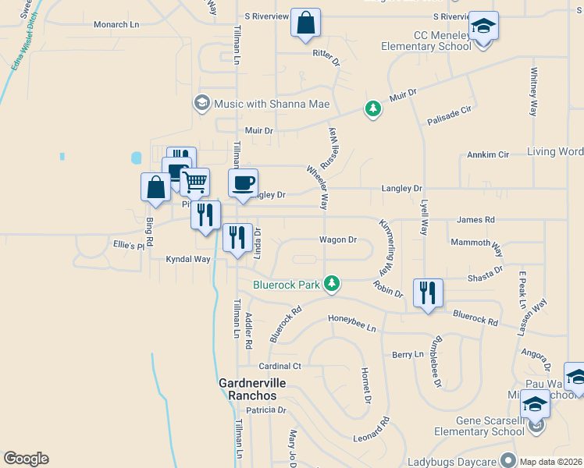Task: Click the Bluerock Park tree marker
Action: click(x=333, y=282)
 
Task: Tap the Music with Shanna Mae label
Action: click(x=272, y=105)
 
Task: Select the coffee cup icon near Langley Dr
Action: click(x=243, y=183)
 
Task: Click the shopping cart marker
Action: click(x=195, y=183)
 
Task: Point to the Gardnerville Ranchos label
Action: click(x=252, y=389)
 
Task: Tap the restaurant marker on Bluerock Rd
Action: click(x=427, y=293)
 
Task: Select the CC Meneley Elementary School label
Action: click(x=426, y=41)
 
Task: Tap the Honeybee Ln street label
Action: click(x=351, y=317)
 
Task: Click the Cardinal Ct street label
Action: click(x=280, y=366)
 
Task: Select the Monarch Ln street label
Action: click(x=116, y=25)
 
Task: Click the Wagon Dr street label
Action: click(x=337, y=240)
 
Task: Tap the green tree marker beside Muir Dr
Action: click(x=373, y=108)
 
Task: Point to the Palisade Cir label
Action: click(x=450, y=116)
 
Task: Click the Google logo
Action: click(x=26, y=459)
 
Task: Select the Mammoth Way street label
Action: click(x=476, y=243)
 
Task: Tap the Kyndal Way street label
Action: click(x=187, y=259)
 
